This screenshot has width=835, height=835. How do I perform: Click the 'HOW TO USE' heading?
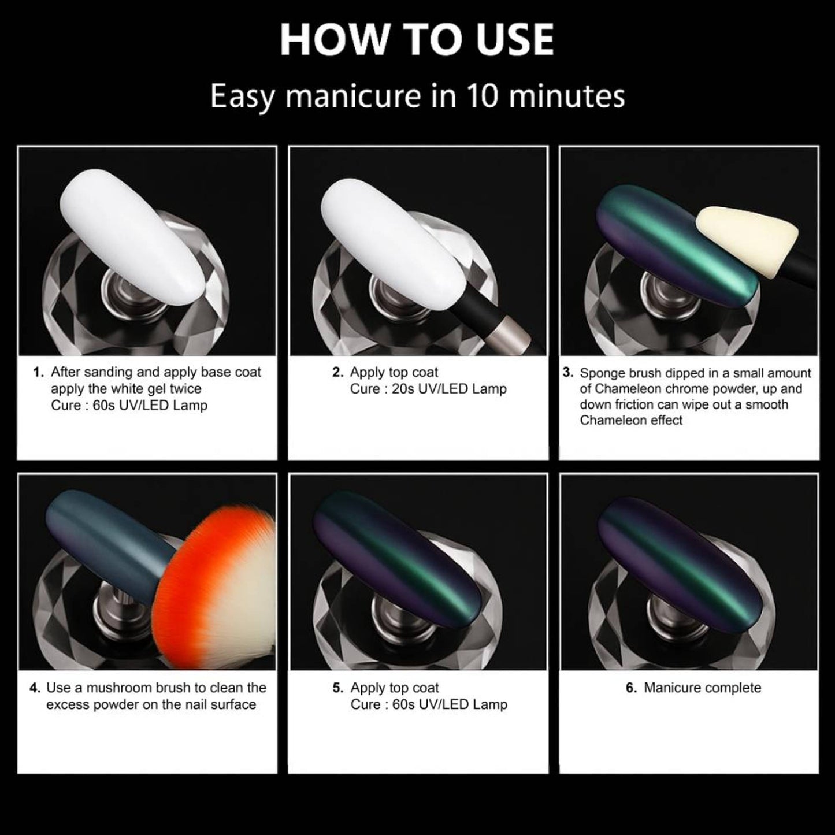click(x=417, y=40)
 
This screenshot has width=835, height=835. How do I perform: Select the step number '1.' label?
click(x=39, y=372)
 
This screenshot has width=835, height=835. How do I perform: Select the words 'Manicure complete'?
click(x=703, y=688)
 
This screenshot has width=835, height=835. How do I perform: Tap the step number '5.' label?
click(x=339, y=688)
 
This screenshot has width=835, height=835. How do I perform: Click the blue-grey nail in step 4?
click(x=110, y=547)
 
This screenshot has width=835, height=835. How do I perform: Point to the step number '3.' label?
click(x=568, y=373)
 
